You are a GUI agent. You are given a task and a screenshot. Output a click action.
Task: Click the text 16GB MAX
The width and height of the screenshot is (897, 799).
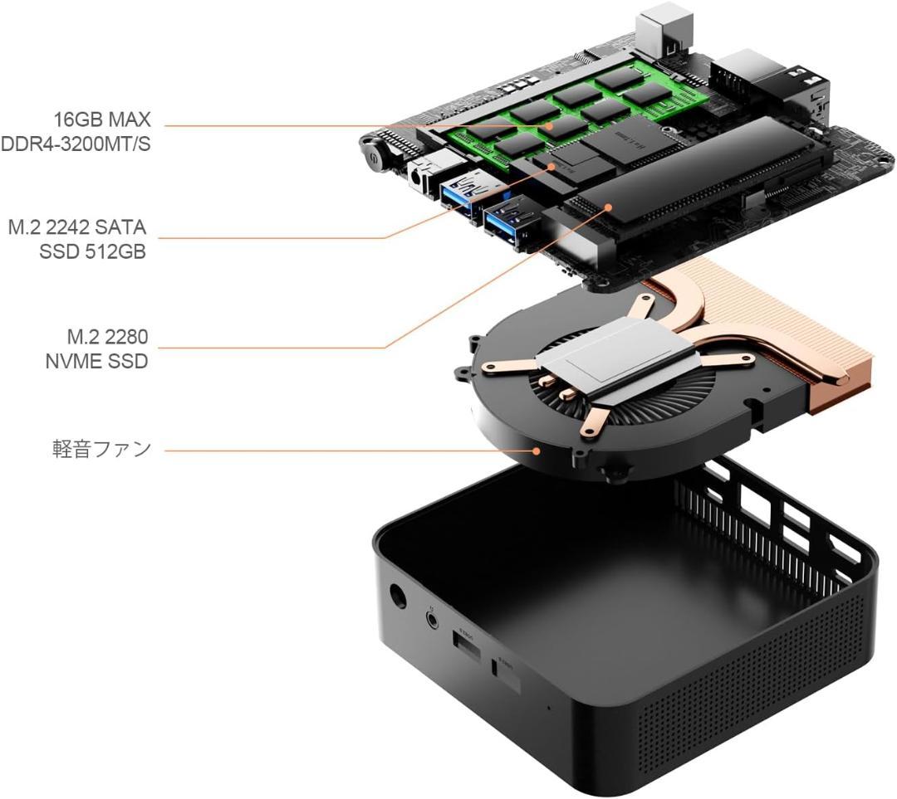102,119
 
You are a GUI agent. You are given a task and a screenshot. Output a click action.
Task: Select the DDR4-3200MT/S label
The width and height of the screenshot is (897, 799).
76,144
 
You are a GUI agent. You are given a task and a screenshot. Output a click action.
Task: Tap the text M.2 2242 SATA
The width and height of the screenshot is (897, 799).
77,227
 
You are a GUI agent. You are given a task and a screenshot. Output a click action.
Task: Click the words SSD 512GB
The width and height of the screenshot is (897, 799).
93,251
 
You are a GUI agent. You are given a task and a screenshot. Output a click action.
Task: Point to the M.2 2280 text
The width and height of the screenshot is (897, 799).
107,337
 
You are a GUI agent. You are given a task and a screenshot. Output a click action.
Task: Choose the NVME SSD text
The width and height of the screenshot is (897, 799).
96,361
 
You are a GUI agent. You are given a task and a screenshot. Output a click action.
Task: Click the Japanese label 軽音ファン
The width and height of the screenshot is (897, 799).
101,449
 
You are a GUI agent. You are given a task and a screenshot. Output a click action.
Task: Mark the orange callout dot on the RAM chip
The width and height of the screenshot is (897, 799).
549,126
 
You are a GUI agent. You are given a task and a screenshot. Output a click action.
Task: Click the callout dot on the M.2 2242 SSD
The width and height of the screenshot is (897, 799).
552,166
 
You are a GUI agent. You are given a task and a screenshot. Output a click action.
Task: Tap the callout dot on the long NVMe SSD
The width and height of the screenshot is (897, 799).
610,207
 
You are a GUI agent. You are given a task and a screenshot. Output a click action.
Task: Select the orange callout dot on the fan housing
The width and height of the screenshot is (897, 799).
537,451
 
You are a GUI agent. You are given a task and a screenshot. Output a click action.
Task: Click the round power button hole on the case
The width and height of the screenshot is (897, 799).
397,597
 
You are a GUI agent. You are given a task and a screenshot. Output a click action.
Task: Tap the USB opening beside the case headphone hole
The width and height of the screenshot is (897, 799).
467,646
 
